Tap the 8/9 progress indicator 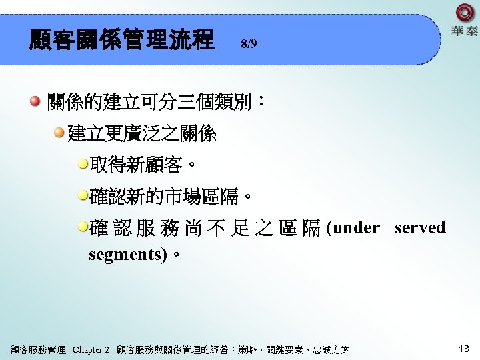pos(249,44)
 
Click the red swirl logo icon pos(465,13)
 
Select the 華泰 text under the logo pos(465,31)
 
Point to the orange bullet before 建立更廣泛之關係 pos(59,134)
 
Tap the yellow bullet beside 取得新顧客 pos(83,164)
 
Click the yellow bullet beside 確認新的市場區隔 pos(83,196)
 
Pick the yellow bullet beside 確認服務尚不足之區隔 pos(83,227)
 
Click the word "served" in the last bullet pos(419,228)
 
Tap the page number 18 pos(464,349)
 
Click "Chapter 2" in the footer pos(90,350)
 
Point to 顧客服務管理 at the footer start pos(38,350)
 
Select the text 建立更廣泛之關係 pos(142,134)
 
